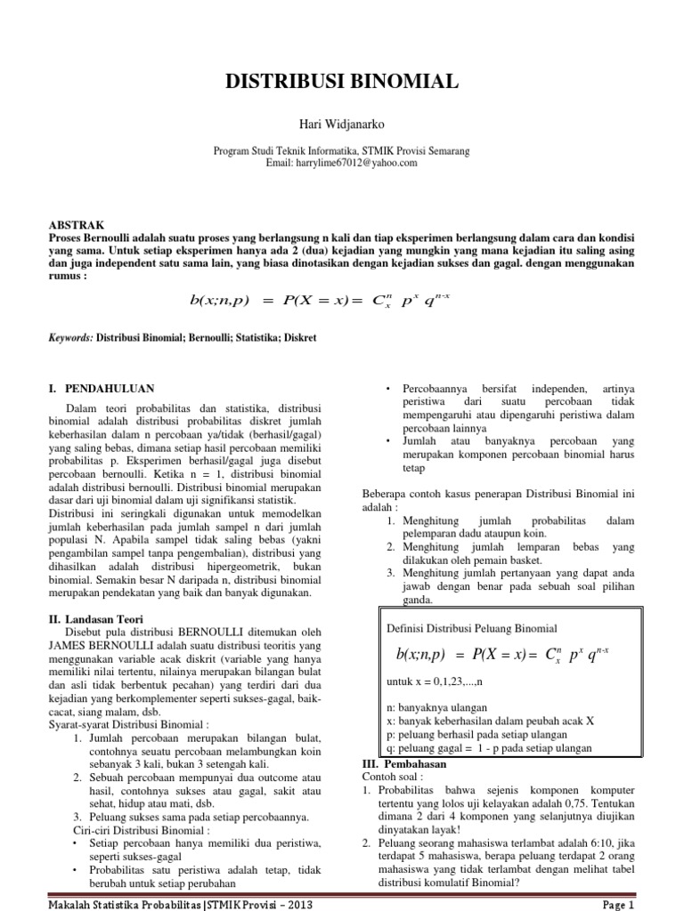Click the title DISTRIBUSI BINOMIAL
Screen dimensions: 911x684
[341, 83]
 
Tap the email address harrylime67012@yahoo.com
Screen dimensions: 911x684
[341, 164]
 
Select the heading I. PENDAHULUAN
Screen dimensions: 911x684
[101, 388]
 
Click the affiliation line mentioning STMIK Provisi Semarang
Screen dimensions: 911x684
[341, 151]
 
